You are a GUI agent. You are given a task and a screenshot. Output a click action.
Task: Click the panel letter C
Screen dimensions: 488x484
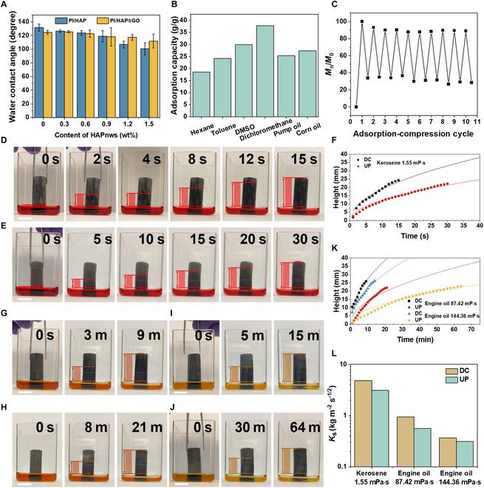coord(335,5)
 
